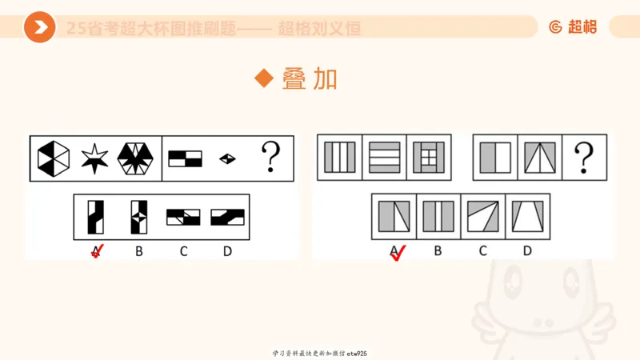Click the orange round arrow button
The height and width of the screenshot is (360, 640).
[39, 27]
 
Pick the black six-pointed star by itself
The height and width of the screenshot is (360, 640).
[94, 158]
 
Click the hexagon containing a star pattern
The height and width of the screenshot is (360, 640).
[137, 158]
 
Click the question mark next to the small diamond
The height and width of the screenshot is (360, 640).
[271, 157]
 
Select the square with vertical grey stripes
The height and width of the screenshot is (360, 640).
[340, 157]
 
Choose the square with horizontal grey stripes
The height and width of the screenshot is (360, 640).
[385, 157]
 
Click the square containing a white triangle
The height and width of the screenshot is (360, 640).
[539, 157]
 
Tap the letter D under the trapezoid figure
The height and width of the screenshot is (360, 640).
[527, 251]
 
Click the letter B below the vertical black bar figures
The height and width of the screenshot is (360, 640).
[139, 251]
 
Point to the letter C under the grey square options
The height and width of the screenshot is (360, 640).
[482, 251]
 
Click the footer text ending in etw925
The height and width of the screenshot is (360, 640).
[320, 353]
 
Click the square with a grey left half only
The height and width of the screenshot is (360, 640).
[495, 157]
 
